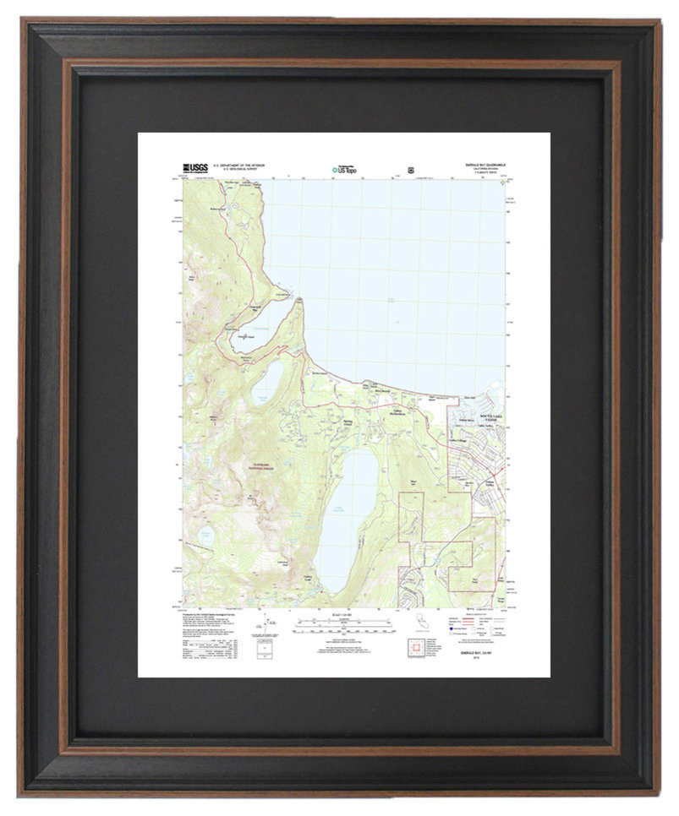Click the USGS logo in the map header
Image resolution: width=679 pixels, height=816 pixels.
(195, 167)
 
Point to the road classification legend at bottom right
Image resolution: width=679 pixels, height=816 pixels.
(487, 623)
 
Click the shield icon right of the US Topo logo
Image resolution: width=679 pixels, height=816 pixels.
(411, 167)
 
